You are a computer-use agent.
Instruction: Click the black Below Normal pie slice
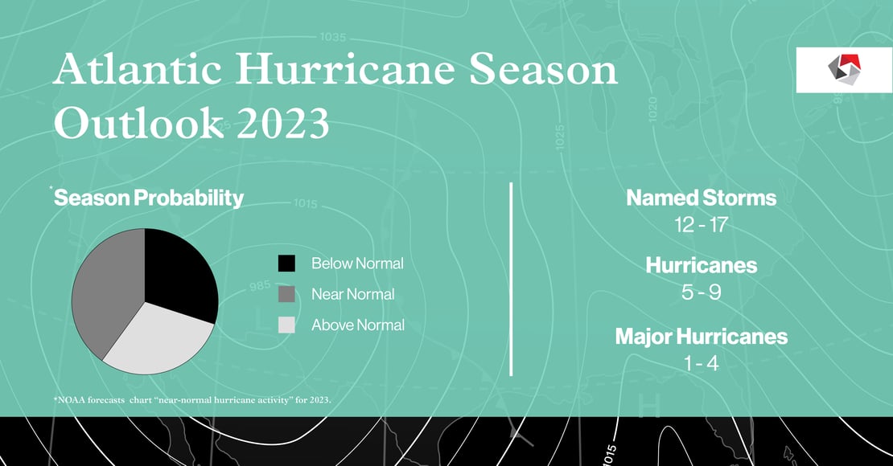(181, 269)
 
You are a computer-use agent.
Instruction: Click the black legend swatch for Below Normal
(286, 264)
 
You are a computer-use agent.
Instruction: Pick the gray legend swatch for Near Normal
(286, 294)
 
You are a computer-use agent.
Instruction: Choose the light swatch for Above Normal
(286, 325)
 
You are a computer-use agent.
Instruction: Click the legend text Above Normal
(357, 325)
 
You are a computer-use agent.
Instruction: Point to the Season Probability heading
(149, 198)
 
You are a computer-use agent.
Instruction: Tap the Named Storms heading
(701, 198)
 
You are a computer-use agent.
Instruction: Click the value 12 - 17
(701, 225)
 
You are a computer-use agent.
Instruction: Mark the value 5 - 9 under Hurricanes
(701, 292)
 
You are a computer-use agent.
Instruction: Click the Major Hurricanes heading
(701, 336)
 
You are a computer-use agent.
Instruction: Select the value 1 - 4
(701, 363)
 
